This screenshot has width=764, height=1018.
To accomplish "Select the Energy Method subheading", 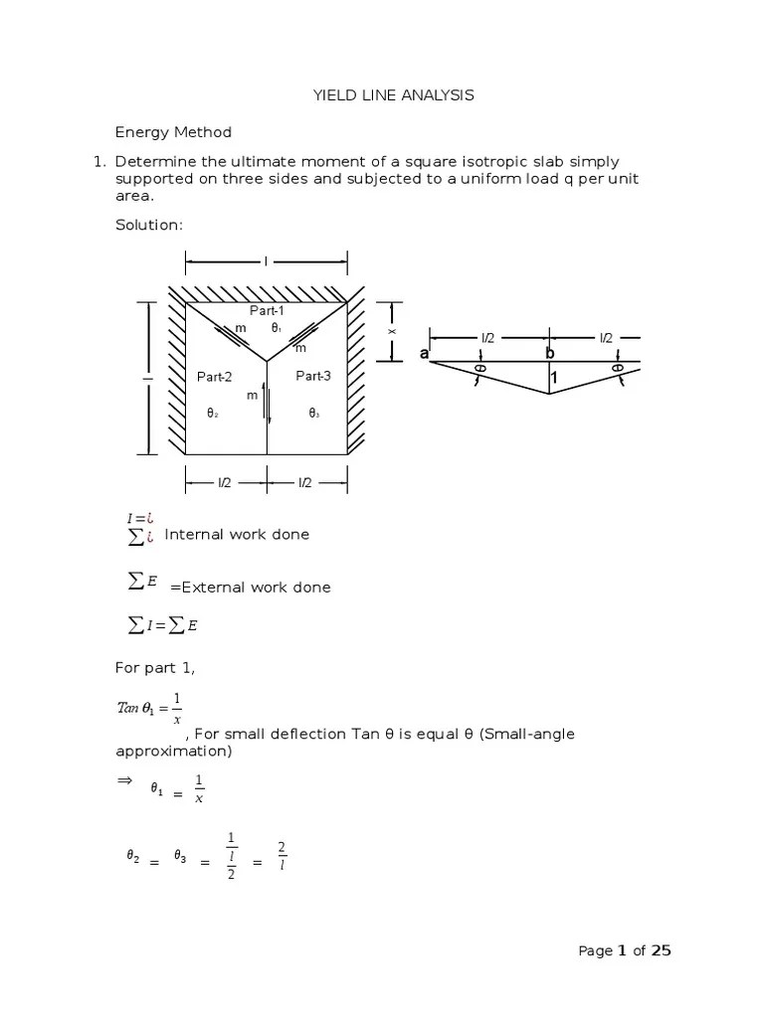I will pos(173,132).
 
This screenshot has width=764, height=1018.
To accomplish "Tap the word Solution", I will pos(149,226).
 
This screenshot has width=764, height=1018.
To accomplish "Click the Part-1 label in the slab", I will pos(267,312).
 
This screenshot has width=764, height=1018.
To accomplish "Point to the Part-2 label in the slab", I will pos(214,377).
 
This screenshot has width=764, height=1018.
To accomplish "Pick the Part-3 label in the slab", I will pos(312,376).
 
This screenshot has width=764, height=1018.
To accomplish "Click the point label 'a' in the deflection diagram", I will pos(424,355).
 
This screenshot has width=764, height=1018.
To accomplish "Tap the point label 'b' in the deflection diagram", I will pos(549,354).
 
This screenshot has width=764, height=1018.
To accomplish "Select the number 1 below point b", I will pos(554,378).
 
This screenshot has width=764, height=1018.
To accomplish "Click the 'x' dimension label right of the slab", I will pos(392,331).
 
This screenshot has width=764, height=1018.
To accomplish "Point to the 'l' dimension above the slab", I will pos(266,261).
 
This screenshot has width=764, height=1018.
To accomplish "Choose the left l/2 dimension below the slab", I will pos(225,482).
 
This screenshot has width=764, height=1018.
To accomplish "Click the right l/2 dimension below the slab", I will pos(306,482).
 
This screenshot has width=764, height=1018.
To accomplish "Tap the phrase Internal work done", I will pos(237,535).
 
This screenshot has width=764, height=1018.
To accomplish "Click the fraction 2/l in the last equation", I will pos(282,854).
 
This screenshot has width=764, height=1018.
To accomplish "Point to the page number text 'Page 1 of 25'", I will pos(625,951).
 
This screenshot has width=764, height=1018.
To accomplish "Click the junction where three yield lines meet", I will pos(267,359).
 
